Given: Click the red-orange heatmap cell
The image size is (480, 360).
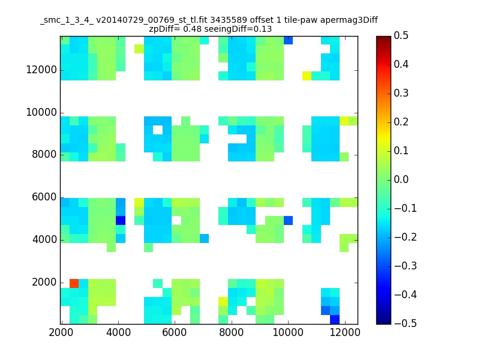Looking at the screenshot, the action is pyautogui.click(x=74, y=283).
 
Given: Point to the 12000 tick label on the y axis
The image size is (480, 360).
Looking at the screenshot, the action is pyautogui.click(x=41, y=70).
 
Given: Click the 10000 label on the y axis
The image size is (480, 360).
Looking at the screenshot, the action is pyautogui.click(x=41, y=112).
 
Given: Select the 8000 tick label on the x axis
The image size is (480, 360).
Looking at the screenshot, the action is pyautogui.click(x=231, y=332).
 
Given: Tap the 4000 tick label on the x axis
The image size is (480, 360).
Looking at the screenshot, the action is pyautogui.click(x=118, y=332).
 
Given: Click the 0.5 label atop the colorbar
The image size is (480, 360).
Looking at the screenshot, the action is pyautogui.click(x=401, y=35).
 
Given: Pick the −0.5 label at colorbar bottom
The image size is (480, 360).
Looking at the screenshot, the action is pyautogui.click(x=406, y=323).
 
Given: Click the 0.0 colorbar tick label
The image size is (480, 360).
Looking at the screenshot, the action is pyautogui.click(x=401, y=179).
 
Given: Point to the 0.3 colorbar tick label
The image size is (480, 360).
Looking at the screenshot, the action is pyautogui.click(x=401, y=93).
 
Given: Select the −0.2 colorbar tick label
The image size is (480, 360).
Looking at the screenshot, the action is pyautogui.click(x=406, y=237).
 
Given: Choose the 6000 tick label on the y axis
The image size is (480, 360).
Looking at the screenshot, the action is pyautogui.click(x=44, y=197).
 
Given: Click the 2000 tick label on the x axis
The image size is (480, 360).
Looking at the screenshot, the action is pyautogui.click(x=61, y=332).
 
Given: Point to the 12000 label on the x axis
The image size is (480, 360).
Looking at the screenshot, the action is pyautogui.click(x=345, y=332).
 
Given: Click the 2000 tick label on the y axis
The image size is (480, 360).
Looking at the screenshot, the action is pyautogui.click(x=44, y=282).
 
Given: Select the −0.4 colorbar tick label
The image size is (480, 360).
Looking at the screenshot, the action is pyautogui.click(x=406, y=295).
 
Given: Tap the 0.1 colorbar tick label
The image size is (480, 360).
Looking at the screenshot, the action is pyautogui.click(x=401, y=151).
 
